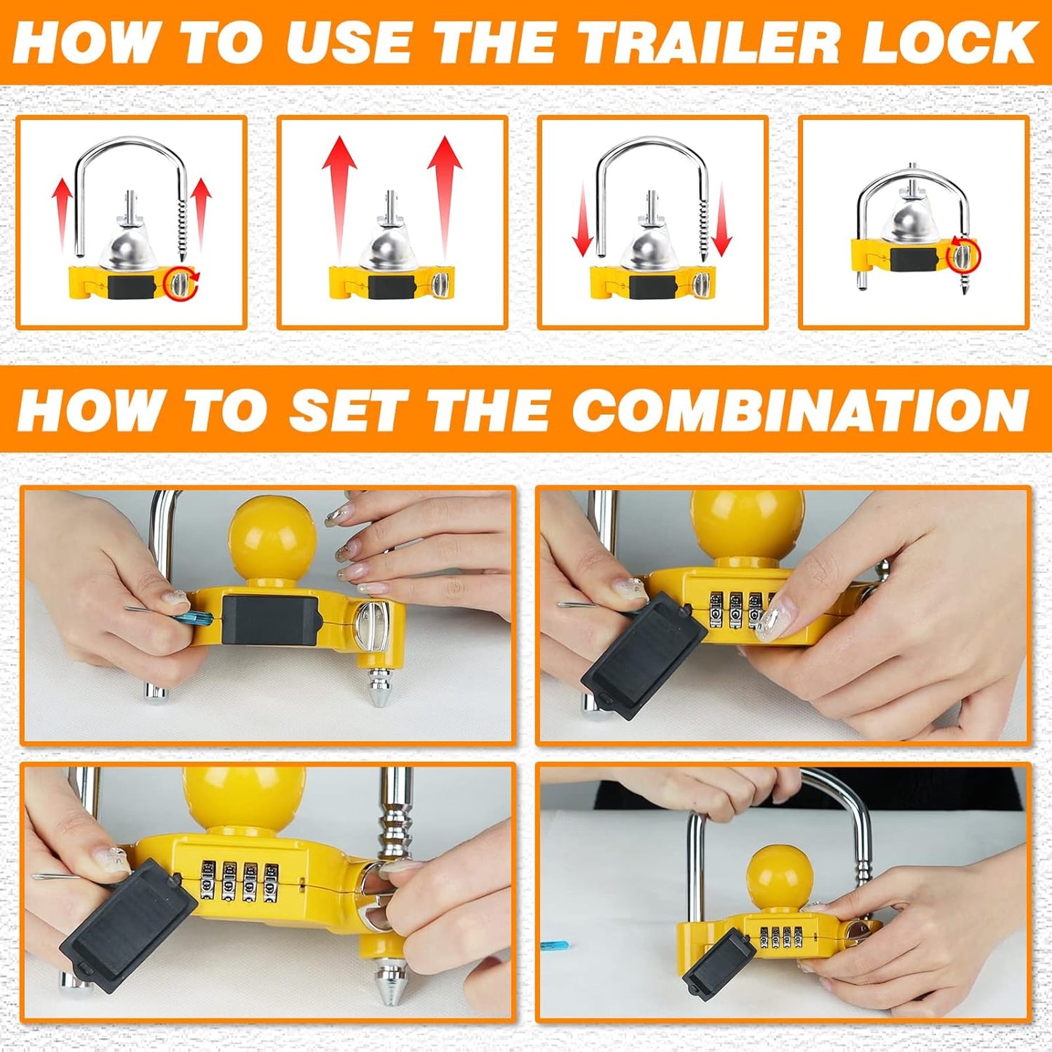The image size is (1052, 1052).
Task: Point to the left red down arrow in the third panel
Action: tap(583, 222)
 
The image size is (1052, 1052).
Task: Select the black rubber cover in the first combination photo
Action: tap(269, 619)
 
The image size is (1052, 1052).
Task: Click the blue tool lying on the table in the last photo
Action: tap(553, 946)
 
